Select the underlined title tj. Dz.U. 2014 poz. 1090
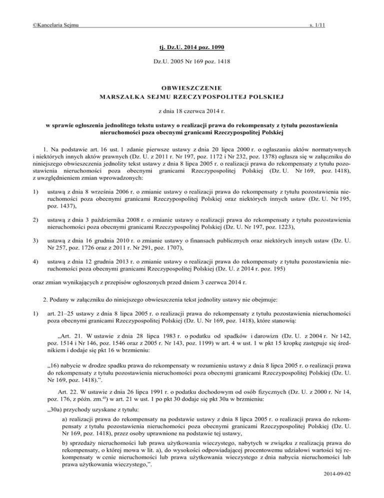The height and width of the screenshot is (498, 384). tap(192, 48)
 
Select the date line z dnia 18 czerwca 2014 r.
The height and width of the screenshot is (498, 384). tap(192, 113)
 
